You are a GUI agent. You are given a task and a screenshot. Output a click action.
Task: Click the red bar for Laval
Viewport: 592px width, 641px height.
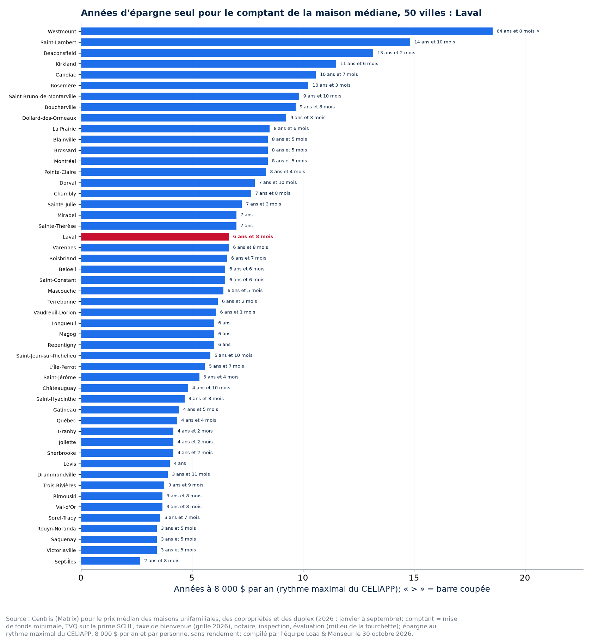tap(155, 237)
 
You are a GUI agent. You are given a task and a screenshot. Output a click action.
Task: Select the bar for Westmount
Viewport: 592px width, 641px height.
tap(287, 31)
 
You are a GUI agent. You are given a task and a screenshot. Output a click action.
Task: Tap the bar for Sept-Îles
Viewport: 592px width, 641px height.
tap(111, 561)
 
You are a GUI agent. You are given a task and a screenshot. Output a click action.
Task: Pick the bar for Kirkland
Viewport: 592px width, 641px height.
tap(209, 64)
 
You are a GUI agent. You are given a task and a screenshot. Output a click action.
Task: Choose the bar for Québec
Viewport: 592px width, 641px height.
tap(129, 420)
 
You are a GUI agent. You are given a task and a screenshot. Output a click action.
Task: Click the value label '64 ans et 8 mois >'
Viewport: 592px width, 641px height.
tap(518, 31)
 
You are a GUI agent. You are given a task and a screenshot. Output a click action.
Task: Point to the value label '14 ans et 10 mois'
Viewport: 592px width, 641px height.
tap(434, 42)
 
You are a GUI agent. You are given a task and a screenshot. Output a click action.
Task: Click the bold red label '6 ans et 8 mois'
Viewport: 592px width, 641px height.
tap(253, 237)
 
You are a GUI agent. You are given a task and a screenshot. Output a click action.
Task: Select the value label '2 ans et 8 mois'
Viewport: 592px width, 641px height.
tap(162, 561)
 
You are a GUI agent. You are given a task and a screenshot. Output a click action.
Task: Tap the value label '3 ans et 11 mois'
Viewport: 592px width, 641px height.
tap(191, 474)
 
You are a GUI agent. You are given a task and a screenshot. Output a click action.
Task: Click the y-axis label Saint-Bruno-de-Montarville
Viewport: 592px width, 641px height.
tap(43, 96)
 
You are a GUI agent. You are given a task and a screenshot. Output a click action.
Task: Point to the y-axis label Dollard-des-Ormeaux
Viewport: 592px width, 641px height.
tap(49, 118)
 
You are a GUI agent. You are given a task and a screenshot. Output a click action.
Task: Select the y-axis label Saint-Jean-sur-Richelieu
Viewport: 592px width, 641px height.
tap(46, 356)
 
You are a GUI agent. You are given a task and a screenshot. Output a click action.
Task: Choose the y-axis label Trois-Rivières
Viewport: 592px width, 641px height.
tap(60, 485)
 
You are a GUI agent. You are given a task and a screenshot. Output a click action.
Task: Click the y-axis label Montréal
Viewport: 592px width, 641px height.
tap(65, 161)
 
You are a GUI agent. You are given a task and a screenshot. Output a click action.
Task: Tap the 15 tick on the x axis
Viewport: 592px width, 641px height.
tap(414, 578)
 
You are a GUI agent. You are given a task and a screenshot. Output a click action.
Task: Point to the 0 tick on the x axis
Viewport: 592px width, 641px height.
tap(81, 578)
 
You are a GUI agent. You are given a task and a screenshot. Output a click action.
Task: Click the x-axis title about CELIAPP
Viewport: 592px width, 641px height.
tap(332, 589)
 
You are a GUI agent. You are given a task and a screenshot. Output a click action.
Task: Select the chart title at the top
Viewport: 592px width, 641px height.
tap(281, 13)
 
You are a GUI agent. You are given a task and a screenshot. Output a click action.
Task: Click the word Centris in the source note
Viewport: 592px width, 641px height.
tap(42, 619)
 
